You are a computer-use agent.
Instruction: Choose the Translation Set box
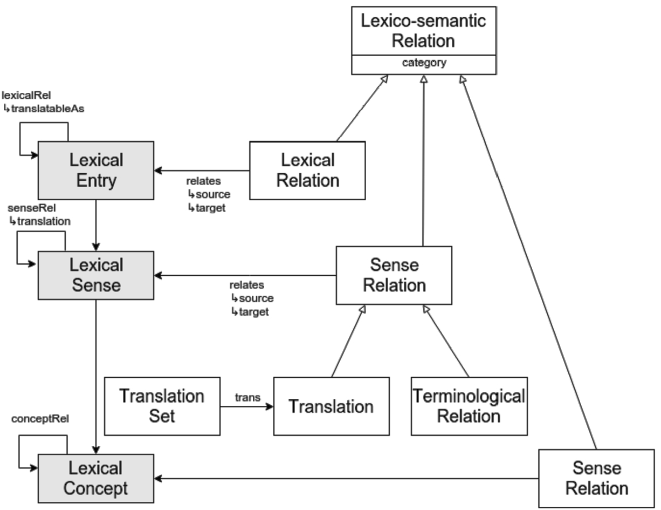click(162, 406)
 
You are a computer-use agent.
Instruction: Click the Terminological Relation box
click(469, 406)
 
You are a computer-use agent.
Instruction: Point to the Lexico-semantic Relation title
click(423, 31)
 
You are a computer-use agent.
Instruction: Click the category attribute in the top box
click(424, 63)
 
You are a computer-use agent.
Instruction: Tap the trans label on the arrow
click(247, 397)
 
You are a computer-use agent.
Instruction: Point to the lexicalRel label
click(27, 96)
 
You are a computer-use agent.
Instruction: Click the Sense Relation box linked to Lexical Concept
click(596, 478)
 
